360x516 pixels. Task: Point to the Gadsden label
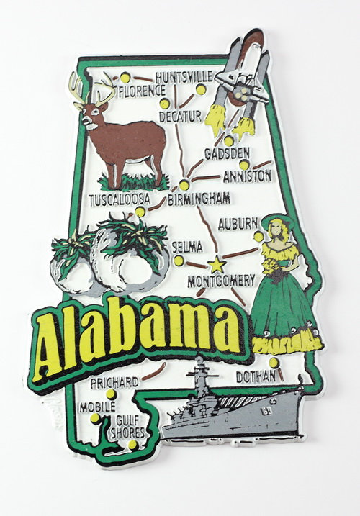pos(227,153)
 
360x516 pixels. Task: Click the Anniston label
pos(247,175)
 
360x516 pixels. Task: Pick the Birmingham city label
pos(199,198)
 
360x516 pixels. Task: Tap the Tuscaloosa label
pos(120,198)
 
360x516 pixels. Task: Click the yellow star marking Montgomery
pos(216,263)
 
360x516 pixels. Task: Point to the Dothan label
pos(256,375)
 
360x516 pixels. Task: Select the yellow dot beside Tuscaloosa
pos(140,212)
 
